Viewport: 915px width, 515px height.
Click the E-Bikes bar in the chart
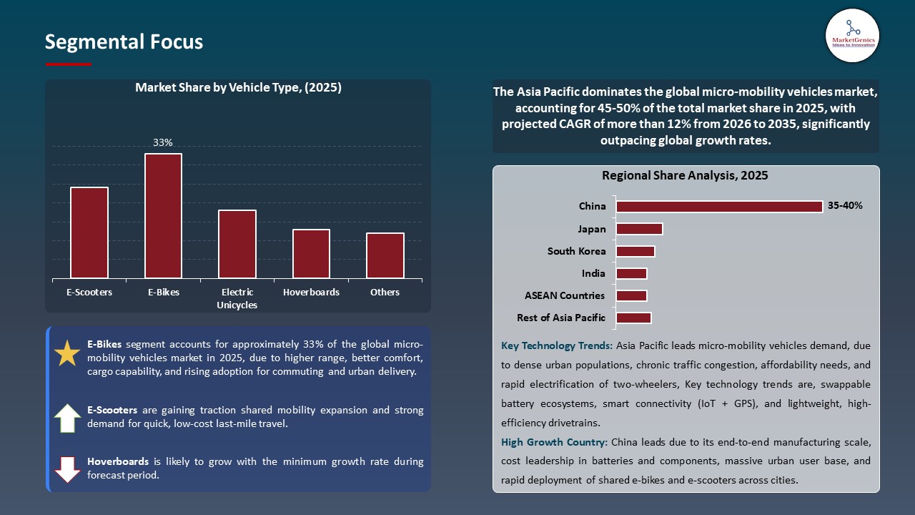[163, 215]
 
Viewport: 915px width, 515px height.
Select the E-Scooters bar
[89, 232]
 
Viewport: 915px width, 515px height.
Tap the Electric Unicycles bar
[237, 244]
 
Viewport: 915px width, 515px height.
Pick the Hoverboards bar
[311, 253]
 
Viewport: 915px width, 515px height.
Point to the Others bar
[385, 255]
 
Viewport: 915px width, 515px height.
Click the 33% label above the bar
[163, 142]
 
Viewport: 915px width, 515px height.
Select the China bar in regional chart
[719, 206]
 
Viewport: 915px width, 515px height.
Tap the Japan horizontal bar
[639, 229]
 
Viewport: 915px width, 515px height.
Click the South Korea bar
[635, 251]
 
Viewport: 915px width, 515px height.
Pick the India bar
[631, 273]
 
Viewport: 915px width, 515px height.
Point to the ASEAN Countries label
[565, 295]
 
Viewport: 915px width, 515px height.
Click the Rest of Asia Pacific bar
[633, 318]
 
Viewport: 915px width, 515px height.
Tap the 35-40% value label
[845, 206]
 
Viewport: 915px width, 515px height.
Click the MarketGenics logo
[852, 35]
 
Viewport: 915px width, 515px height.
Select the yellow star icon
[67, 353]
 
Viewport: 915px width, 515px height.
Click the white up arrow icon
[67, 418]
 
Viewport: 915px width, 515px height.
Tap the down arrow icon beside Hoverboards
[67, 469]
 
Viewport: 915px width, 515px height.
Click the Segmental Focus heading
[124, 42]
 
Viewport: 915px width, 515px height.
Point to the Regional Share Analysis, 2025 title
[685, 175]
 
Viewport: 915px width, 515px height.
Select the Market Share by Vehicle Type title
[238, 88]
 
